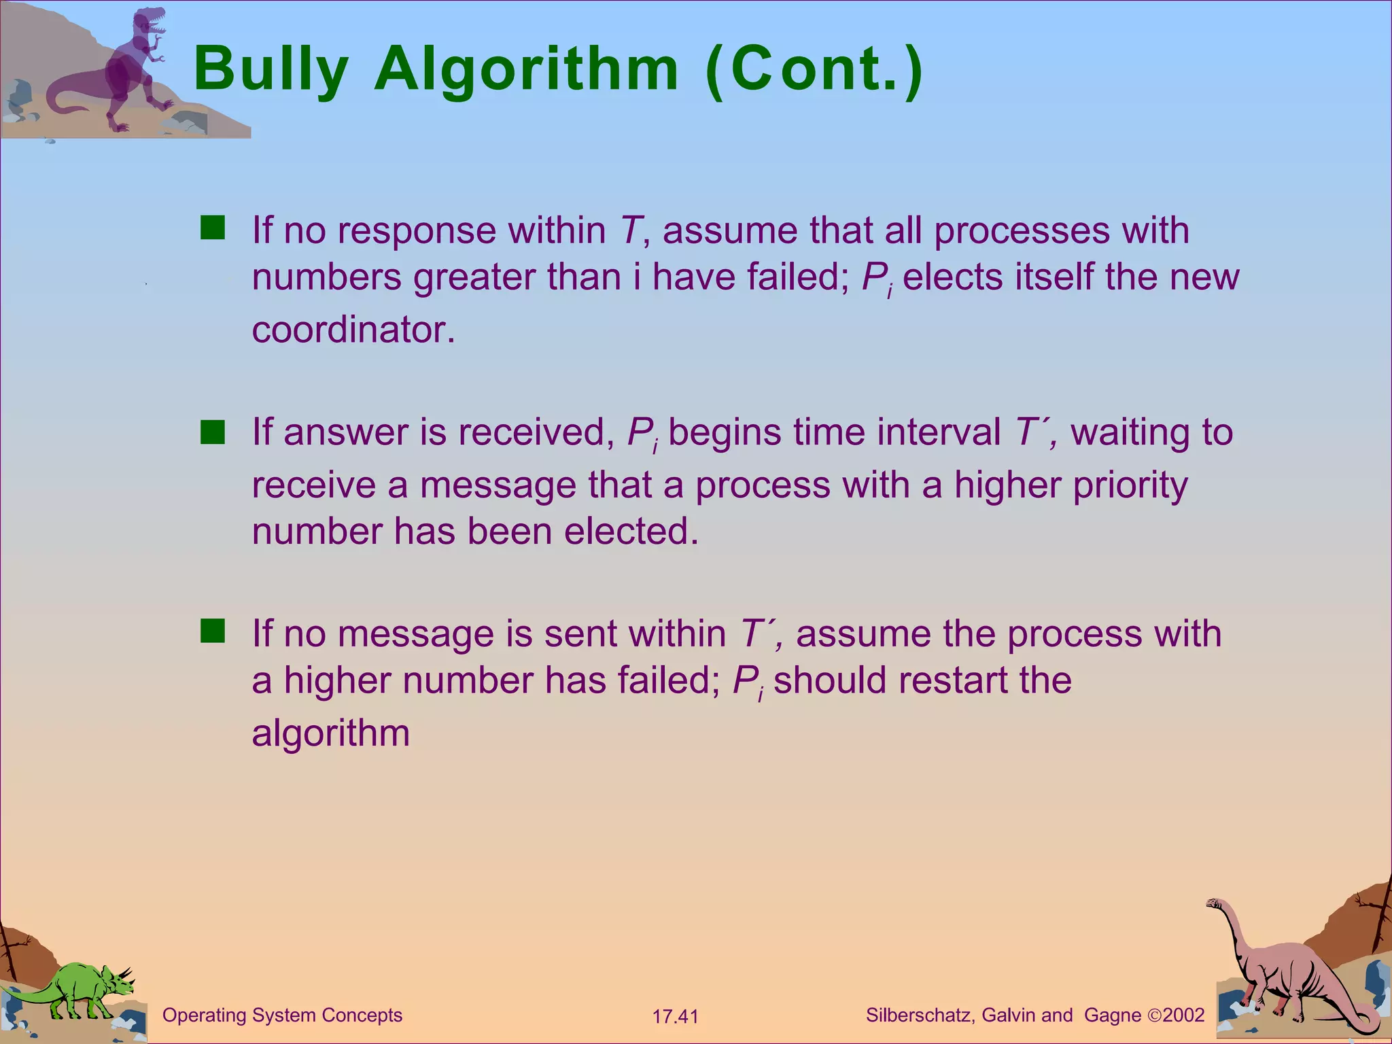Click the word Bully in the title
click(271, 69)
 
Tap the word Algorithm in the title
click(526, 69)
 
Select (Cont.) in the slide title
click(814, 69)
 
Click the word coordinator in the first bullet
click(353, 330)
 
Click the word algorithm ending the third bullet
click(330, 733)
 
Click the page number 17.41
click(675, 1017)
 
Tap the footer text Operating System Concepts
click(282, 1015)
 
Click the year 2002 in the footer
click(1183, 1015)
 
